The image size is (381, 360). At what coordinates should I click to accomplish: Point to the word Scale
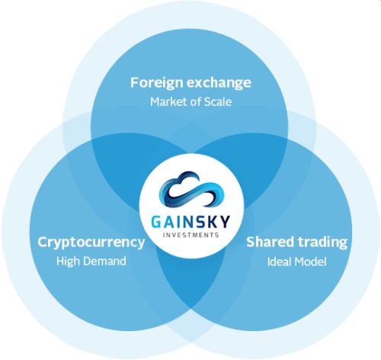[x=218, y=102]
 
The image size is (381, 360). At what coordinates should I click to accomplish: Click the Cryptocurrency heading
[x=91, y=243]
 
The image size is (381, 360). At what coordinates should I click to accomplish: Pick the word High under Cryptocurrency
[x=66, y=261]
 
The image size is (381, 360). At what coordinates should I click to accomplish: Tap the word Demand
[x=103, y=261]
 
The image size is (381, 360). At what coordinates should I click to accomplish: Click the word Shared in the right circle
[x=270, y=242]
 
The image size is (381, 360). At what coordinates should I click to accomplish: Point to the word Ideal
[x=278, y=262]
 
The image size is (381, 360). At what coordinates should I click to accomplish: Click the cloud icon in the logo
[x=191, y=189]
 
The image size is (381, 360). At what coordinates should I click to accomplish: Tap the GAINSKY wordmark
[x=190, y=222]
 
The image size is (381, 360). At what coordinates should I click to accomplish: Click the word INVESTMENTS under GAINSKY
[x=190, y=235]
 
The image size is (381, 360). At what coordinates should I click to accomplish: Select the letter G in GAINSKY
[x=156, y=222]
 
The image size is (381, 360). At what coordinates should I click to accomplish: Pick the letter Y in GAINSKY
[x=225, y=222]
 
